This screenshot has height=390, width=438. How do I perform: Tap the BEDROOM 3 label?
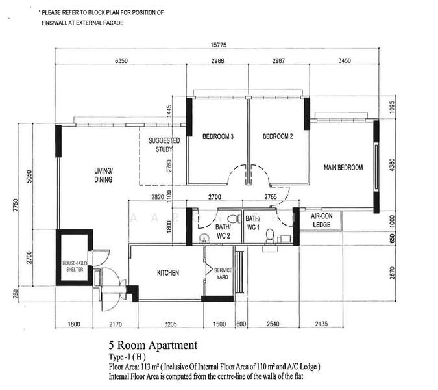pos(217,136)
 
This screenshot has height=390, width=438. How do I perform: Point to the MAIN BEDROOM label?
pos(343,168)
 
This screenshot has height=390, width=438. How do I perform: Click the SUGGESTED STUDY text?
pos(164,145)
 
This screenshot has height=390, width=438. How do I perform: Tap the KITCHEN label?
pos(168,273)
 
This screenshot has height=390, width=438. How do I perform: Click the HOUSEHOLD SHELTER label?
pos(73,266)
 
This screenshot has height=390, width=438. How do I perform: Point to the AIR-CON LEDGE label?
pos(322,220)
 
